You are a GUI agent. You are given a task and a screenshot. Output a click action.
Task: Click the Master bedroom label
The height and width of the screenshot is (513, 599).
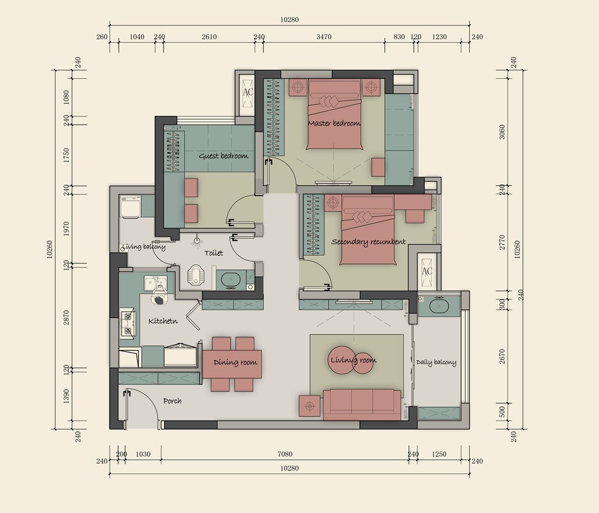click(x=334, y=123)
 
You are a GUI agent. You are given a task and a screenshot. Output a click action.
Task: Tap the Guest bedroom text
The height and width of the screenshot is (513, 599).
click(x=223, y=156)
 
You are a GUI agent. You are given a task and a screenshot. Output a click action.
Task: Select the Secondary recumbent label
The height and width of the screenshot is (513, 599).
click(x=368, y=242)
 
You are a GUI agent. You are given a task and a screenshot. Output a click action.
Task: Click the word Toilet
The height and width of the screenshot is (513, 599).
click(x=214, y=253)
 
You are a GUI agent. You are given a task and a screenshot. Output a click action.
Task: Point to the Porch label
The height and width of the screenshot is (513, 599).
click(x=172, y=401)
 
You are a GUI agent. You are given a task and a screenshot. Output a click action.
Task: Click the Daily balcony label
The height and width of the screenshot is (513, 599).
click(x=436, y=363)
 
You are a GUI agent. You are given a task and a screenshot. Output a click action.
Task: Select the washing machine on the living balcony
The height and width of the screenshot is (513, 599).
click(x=131, y=207)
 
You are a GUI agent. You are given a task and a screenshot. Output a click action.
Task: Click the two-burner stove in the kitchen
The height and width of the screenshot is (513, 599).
click(x=128, y=324)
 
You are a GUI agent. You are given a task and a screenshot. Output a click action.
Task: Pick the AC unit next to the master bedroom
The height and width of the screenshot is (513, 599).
click(x=247, y=92)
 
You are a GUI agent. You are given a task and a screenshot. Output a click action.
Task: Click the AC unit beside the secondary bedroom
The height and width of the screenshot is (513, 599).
click(x=427, y=271)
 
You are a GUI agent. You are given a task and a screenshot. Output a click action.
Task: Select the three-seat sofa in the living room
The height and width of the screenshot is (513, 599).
click(x=362, y=404)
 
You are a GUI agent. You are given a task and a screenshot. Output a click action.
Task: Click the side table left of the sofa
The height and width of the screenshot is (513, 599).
click(x=309, y=405)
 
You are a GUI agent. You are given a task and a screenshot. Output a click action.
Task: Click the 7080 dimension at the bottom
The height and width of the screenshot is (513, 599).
click(x=285, y=454)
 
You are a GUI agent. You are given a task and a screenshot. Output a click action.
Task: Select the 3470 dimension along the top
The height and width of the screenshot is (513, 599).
click(x=324, y=37)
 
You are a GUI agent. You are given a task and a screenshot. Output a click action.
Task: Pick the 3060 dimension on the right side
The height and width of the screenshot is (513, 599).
click(x=501, y=131)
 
